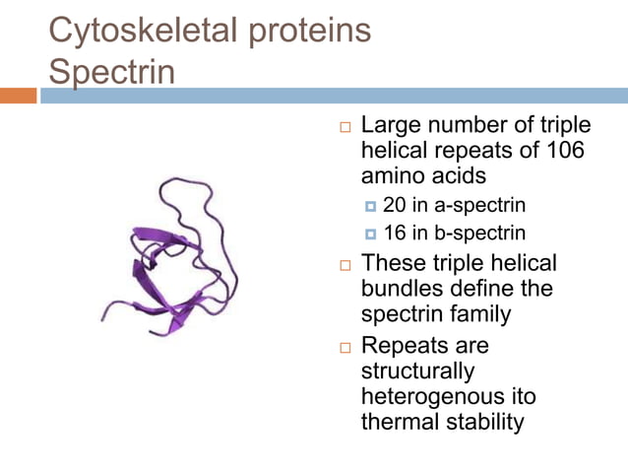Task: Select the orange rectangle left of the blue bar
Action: pyautogui.click(x=18, y=96)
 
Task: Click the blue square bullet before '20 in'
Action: pyautogui.click(x=370, y=207)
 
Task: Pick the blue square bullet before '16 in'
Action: pyautogui.click(x=370, y=235)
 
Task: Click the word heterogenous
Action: pyautogui.click(x=434, y=397)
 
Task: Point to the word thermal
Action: pyautogui.click(x=404, y=423)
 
